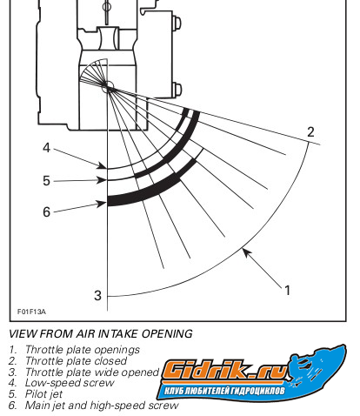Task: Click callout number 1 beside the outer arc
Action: pos(287,290)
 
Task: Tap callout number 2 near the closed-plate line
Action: pos(310,132)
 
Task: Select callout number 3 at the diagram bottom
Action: pos(97,296)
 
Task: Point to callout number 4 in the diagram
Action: pos(46,148)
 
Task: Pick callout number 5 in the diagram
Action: pos(46,181)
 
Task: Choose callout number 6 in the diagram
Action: pos(46,211)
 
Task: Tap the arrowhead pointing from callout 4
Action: pos(102,166)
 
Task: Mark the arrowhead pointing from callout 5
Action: pos(102,180)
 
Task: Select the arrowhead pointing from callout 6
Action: pos(102,204)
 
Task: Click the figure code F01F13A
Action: pos(31,312)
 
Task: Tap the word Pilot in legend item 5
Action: pos(34,394)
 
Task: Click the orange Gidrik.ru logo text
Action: pos(223,371)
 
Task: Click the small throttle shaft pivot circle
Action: pos(108,87)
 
